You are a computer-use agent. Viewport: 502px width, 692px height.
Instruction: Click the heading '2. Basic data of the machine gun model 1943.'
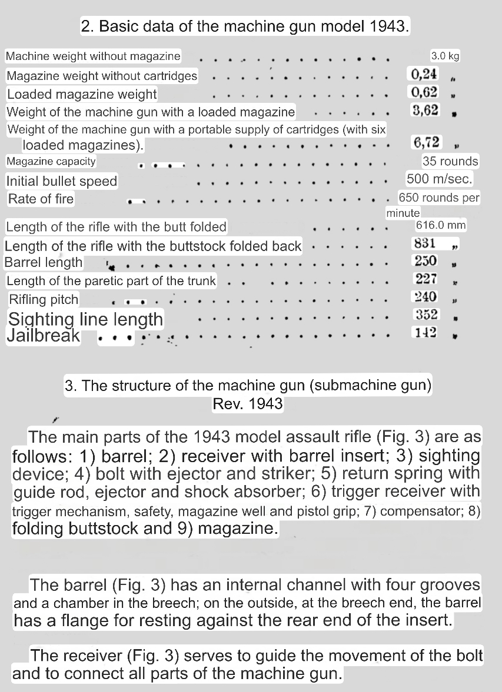tap(245, 26)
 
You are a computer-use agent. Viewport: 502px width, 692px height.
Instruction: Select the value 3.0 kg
tap(445, 56)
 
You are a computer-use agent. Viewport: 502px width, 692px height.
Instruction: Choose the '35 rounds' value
tap(450, 161)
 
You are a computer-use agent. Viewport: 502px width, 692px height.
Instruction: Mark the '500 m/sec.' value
tap(439, 179)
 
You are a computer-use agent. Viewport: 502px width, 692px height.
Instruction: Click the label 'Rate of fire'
tap(41, 199)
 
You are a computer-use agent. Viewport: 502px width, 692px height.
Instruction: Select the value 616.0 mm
tap(441, 225)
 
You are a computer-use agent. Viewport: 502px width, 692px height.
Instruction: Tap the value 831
tap(425, 243)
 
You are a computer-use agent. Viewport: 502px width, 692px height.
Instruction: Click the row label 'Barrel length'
tap(44, 262)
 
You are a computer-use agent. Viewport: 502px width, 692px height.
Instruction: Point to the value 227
tap(425, 279)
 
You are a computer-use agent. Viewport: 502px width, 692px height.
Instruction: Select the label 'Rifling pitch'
tap(44, 299)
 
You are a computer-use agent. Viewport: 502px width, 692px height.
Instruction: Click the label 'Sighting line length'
tap(85, 319)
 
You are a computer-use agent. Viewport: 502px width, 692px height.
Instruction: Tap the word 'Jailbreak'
tap(43, 336)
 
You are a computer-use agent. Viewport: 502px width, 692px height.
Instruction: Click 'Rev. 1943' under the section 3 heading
tap(248, 404)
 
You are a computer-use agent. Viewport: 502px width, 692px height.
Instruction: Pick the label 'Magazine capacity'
tap(51, 161)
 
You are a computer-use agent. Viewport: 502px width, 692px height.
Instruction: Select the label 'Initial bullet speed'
tap(62, 181)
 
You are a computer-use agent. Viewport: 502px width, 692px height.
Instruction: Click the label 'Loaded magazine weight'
tap(82, 94)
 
